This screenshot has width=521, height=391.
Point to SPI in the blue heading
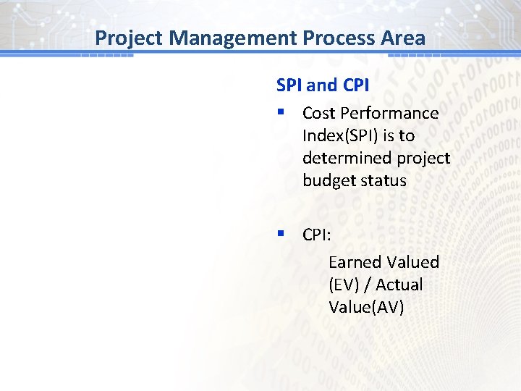pyautogui.click(x=289, y=85)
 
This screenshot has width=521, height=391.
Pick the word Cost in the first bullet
pyautogui.click(x=319, y=113)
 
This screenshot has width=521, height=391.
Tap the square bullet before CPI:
pyautogui.click(x=280, y=235)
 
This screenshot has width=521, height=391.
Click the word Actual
pyautogui.click(x=399, y=285)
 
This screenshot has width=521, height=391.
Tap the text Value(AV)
pyautogui.click(x=366, y=307)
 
